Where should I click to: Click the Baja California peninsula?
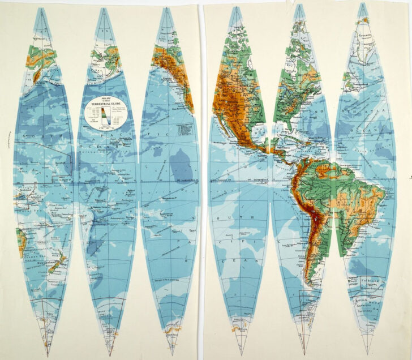coord(226,125)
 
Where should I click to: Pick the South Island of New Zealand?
coord(55,267)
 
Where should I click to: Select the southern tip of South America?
coord(311,282)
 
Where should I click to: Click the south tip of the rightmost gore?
coord(368,352)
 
